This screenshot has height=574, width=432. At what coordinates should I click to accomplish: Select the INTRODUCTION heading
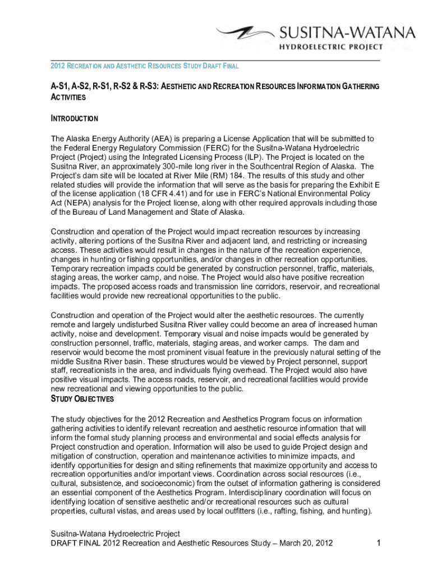pos(75,119)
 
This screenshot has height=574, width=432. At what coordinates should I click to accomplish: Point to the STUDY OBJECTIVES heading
pos(82,399)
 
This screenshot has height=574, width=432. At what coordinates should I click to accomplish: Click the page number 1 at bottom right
pos(379,543)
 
